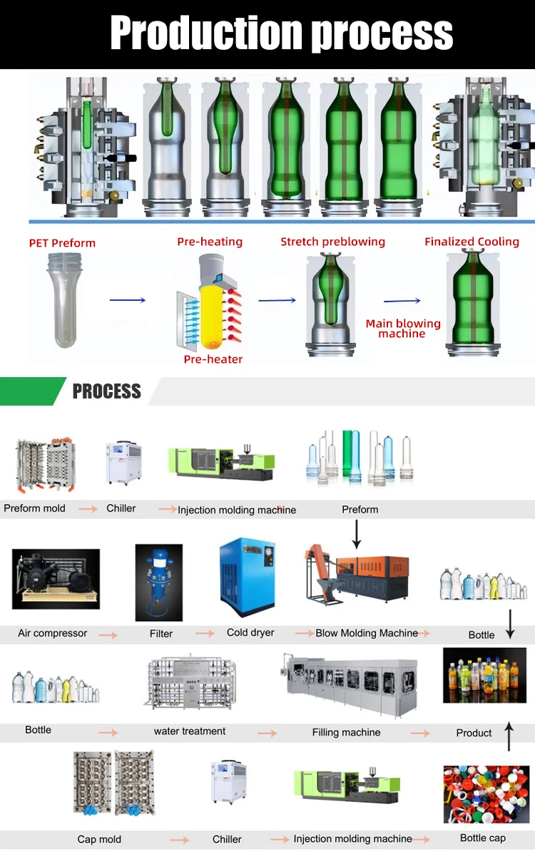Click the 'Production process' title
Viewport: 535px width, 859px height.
coord(281,34)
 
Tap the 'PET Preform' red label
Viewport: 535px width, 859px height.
coord(62,243)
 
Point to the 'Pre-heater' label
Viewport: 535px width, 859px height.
coord(213,359)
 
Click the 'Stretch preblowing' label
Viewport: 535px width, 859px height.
coord(332,242)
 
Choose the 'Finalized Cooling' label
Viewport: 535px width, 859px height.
coord(472,242)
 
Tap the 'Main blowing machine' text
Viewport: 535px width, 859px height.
coord(403,329)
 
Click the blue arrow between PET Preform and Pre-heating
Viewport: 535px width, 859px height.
coord(128,301)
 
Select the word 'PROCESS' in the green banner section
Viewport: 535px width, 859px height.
coord(107,391)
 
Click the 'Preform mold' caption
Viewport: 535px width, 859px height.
coord(34,508)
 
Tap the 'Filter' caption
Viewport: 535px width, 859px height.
coord(161,633)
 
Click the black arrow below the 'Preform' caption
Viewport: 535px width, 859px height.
coord(357,533)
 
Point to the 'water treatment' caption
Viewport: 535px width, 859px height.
coord(190,731)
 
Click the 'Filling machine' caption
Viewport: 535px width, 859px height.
coord(346,732)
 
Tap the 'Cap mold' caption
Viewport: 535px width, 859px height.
coord(99,839)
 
